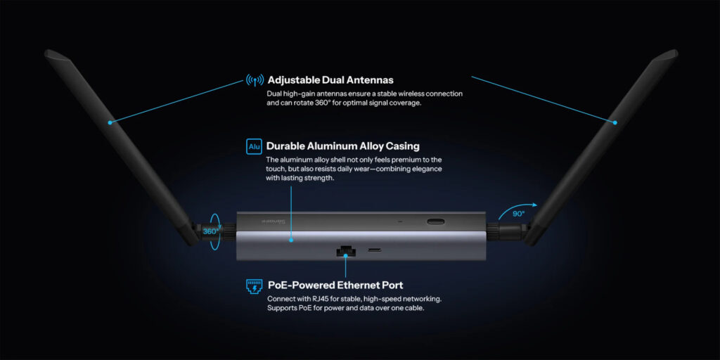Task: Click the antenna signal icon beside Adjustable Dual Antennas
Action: (255, 80)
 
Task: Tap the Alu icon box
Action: (254, 146)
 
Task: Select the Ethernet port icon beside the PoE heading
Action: (254, 285)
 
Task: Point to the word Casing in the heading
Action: (399, 146)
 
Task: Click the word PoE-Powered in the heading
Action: (301, 285)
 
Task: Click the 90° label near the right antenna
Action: (518, 214)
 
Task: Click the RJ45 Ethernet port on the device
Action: (345, 250)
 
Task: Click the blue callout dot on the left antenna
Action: (110, 122)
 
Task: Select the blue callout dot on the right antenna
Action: (615, 122)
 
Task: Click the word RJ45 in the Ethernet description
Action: (312, 299)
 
